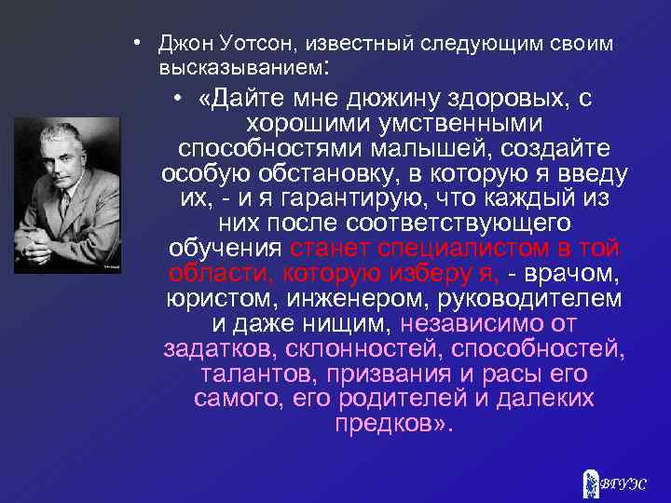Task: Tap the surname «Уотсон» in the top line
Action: pyautogui.click(x=244, y=44)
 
